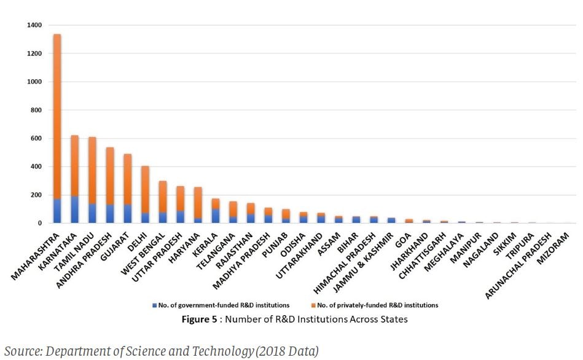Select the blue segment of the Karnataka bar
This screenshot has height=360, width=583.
75,210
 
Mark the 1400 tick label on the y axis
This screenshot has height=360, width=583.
34,25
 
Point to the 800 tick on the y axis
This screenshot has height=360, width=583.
36,110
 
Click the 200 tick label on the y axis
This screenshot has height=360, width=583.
36,195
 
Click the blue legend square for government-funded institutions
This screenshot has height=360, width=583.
154,305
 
